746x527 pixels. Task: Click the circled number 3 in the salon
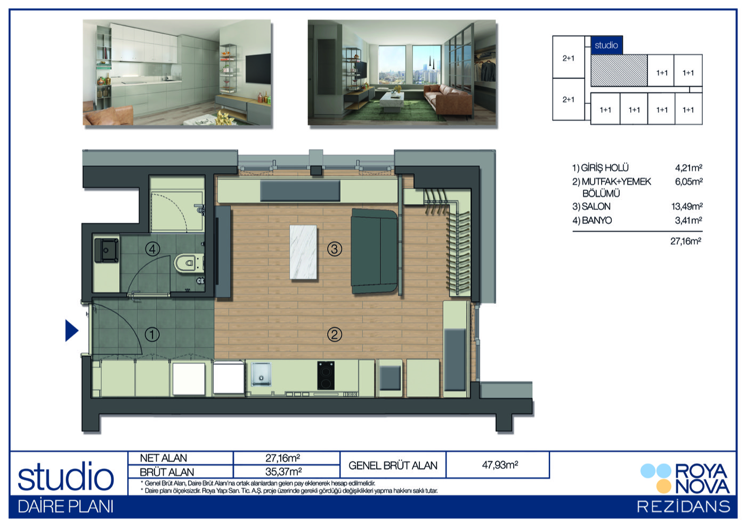click(x=335, y=249)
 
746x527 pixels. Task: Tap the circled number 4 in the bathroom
click(x=152, y=249)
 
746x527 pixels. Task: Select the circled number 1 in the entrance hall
click(x=152, y=334)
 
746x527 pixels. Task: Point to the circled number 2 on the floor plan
click(x=335, y=334)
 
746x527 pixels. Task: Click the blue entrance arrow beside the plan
click(x=71, y=330)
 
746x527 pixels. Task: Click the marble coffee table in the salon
click(x=303, y=252)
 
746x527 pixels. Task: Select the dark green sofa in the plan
click(x=374, y=251)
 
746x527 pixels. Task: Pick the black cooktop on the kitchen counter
click(x=326, y=376)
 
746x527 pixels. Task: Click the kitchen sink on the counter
click(x=261, y=375)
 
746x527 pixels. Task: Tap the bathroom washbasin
click(x=106, y=250)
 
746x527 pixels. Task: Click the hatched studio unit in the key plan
click(x=619, y=71)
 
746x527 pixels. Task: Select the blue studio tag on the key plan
click(x=606, y=45)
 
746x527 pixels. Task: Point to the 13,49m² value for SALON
click(x=687, y=207)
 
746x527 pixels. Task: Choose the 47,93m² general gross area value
click(x=500, y=465)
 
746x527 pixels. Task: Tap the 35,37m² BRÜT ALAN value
click(x=283, y=472)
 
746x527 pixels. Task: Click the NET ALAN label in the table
click(x=163, y=458)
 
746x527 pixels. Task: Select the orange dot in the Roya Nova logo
click(x=664, y=487)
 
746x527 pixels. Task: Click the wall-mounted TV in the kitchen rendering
click(x=258, y=68)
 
